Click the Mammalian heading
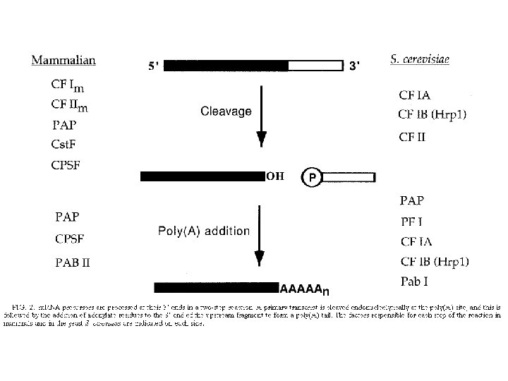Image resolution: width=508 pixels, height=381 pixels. [64, 60]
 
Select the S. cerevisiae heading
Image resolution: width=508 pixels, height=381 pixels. [420, 60]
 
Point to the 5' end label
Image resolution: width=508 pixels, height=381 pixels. [154, 66]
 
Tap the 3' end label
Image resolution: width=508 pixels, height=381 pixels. [355, 66]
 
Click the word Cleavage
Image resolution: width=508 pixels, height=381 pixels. [225, 111]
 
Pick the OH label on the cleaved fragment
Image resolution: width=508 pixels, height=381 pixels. [274, 176]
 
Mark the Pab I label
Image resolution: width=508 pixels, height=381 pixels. [416, 282]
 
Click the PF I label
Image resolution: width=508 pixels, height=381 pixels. [411, 222]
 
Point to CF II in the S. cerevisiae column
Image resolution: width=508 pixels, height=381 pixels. [413, 138]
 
